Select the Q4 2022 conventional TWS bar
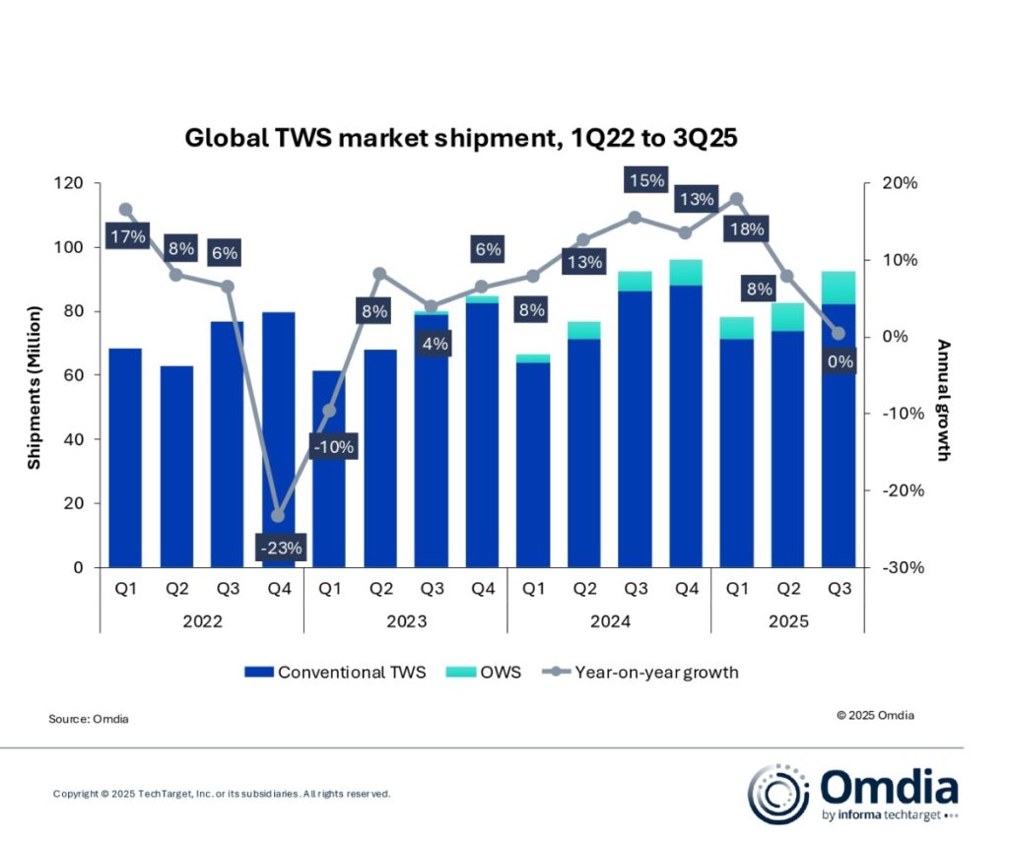[278, 433]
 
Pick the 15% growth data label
[645, 180]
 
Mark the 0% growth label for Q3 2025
[840, 361]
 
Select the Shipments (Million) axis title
[34, 375]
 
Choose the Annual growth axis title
[943, 401]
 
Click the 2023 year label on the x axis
[405, 621]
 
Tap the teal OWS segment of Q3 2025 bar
[839, 288]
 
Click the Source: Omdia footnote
[89, 719]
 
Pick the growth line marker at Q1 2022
[125, 209]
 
